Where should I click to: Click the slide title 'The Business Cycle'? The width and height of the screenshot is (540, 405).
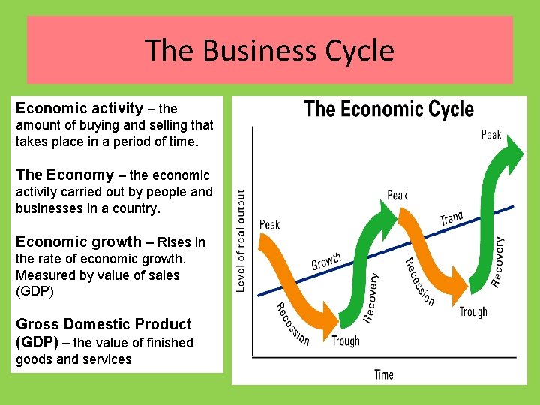(269, 50)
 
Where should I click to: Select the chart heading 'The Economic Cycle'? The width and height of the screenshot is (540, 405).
(388, 109)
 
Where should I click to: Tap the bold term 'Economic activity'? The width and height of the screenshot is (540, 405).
(79, 108)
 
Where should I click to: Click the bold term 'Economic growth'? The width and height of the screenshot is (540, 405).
(78, 241)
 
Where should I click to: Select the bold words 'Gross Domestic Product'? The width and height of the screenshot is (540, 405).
(103, 324)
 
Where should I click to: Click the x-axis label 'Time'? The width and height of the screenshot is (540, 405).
(383, 374)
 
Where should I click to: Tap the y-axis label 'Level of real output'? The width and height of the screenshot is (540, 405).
(241, 240)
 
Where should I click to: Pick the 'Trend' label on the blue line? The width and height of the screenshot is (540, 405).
(451, 217)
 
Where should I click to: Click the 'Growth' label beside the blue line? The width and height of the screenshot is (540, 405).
(326, 262)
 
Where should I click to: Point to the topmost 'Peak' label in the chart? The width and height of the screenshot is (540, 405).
(491, 135)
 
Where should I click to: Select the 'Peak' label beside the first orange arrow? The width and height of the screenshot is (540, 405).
(269, 224)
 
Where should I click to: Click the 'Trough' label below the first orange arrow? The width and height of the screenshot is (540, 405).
(346, 341)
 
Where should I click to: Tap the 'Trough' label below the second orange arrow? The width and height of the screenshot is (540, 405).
(473, 312)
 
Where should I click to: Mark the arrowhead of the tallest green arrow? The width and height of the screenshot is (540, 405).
(513, 153)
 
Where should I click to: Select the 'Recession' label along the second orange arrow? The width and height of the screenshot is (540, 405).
(419, 281)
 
